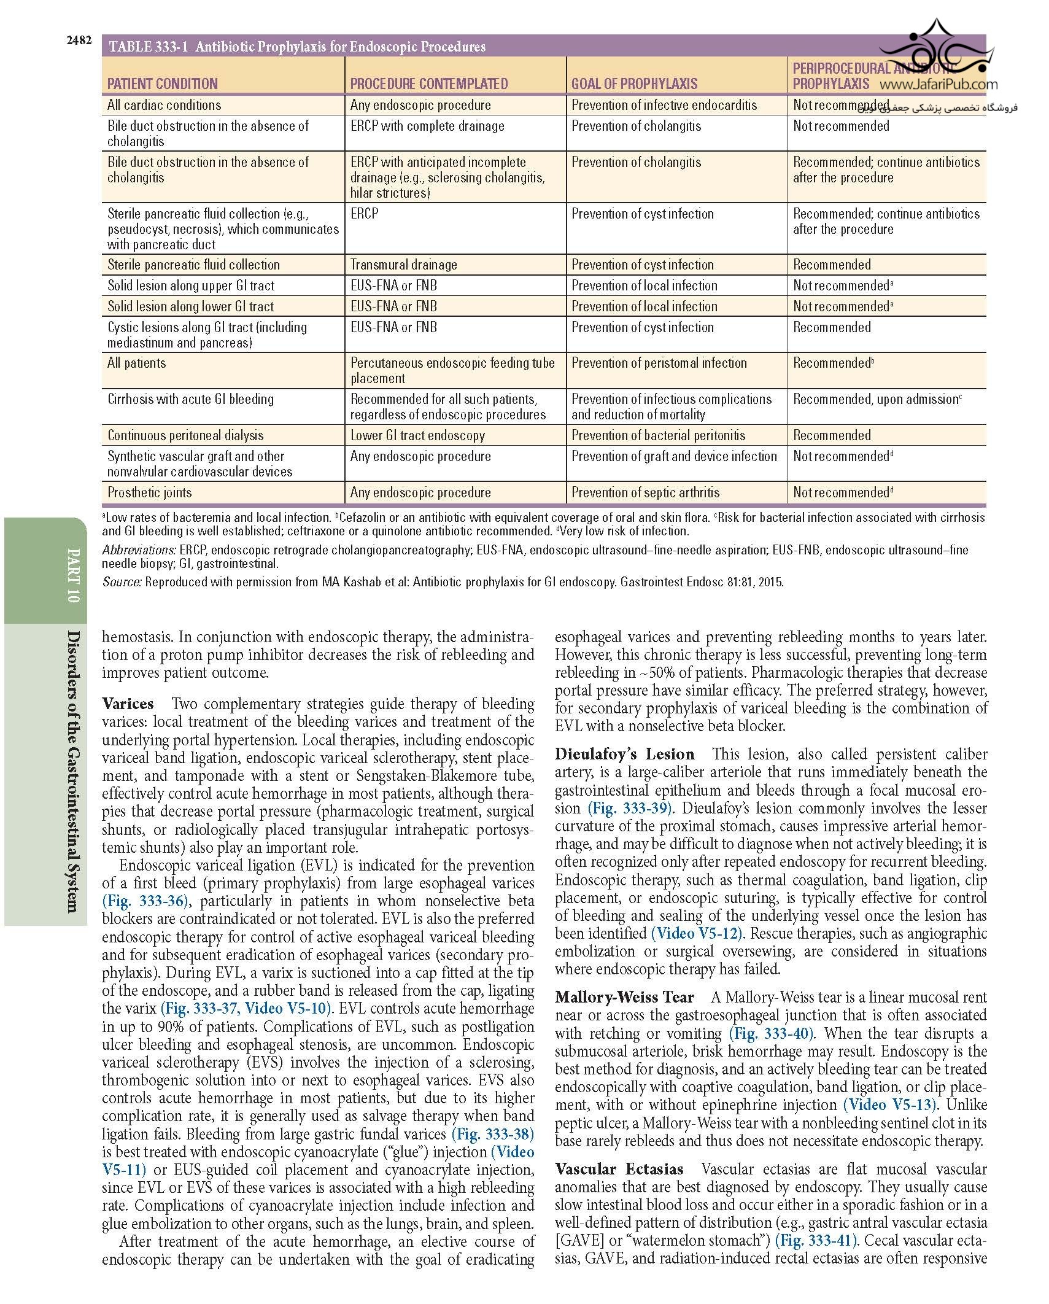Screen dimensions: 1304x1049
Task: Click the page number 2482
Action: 79,41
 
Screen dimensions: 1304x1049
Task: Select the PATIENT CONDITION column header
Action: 162,84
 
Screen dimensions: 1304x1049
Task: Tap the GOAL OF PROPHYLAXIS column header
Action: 634,84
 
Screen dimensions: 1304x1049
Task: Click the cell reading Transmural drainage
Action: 403,265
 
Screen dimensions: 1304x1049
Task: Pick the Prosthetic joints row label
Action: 149,492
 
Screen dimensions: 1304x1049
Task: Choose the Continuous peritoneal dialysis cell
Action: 185,435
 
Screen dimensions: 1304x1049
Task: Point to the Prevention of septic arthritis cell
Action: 645,492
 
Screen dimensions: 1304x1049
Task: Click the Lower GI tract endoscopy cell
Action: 417,435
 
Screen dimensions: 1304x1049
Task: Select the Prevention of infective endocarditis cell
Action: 664,105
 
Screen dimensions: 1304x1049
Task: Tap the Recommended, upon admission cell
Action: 877,399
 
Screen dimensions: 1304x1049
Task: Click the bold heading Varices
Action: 128,704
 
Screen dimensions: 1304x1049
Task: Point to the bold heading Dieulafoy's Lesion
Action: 624,755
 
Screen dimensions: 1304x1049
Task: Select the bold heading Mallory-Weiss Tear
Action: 624,997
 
